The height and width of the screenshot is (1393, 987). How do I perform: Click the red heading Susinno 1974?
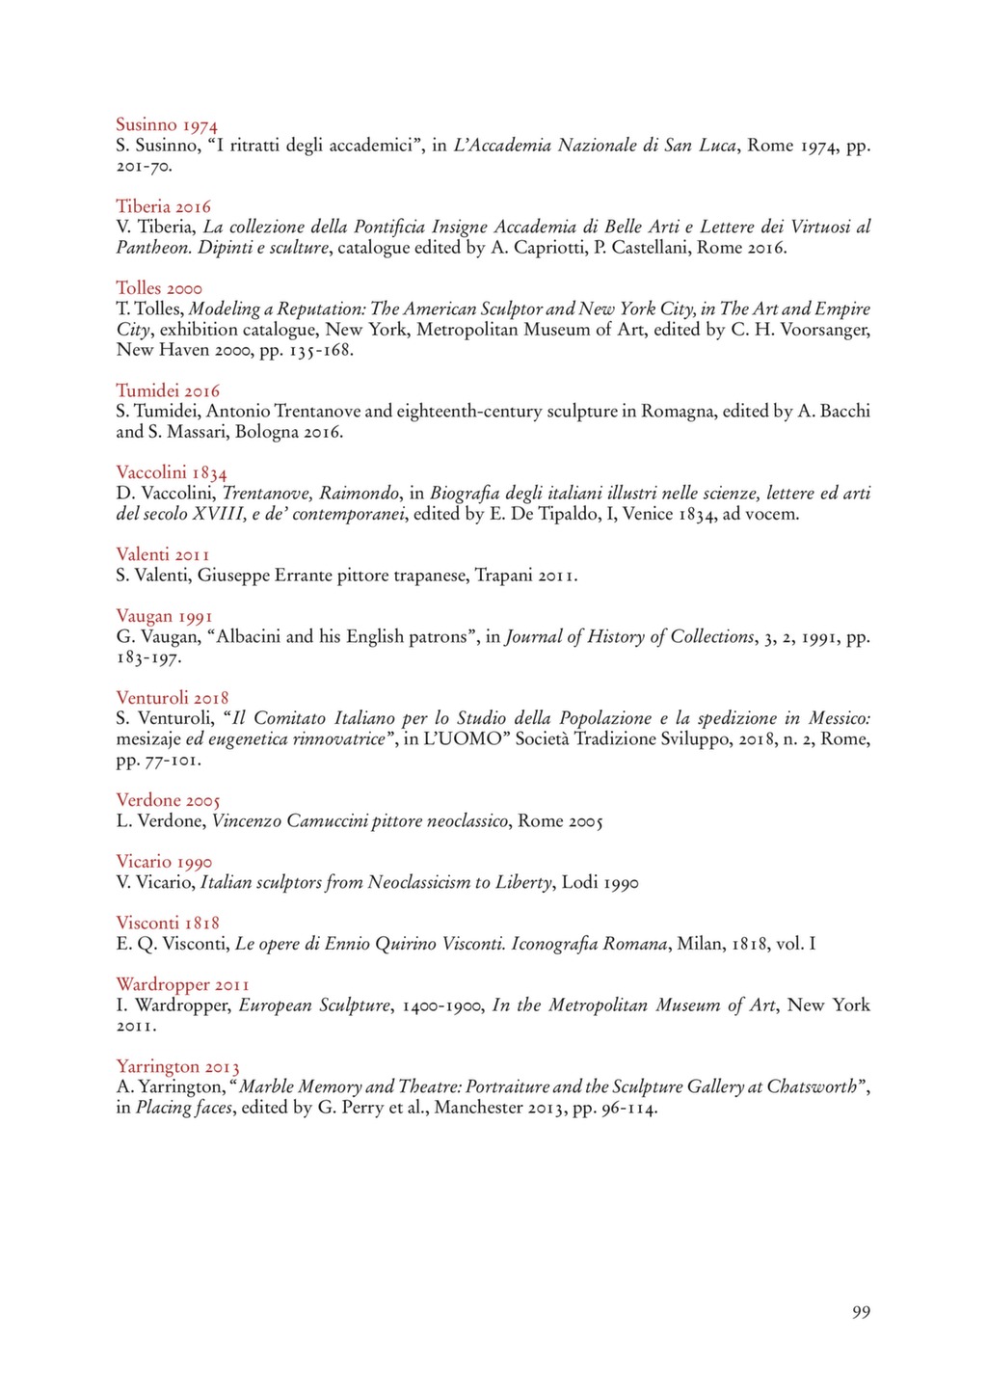pyautogui.click(x=167, y=125)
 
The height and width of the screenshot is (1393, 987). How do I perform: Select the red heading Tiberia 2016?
pyautogui.click(x=163, y=207)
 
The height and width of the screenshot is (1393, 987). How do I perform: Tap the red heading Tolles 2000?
pyautogui.click(x=159, y=288)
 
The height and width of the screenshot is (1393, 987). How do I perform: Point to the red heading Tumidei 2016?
pyautogui.click(x=168, y=391)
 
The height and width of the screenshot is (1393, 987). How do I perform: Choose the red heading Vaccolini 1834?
pyautogui.click(x=172, y=472)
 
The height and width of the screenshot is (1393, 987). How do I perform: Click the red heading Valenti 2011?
pyautogui.click(x=163, y=554)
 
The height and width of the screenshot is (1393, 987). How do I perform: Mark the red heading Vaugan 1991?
pyautogui.click(x=164, y=616)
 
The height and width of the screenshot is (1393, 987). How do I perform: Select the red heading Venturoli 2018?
pyautogui.click(x=173, y=698)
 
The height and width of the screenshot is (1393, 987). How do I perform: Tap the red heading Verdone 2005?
pyautogui.click(x=168, y=800)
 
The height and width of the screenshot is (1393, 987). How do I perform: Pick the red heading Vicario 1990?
pyautogui.click(x=164, y=862)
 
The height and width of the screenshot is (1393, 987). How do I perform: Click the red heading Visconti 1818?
pyautogui.click(x=168, y=924)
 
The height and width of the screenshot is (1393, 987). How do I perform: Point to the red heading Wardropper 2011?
pyautogui.click(x=182, y=985)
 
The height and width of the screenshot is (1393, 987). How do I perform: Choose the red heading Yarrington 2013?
pyautogui.click(x=177, y=1067)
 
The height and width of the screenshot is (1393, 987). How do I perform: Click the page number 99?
pyautogui.click(x=861, y=1312)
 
